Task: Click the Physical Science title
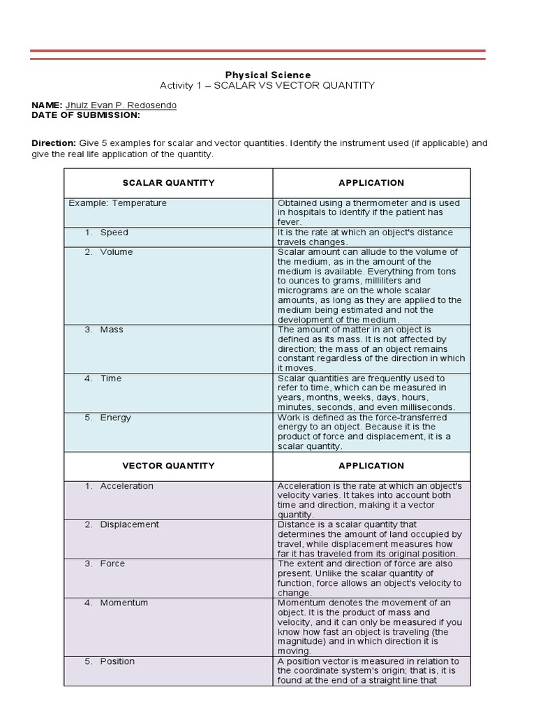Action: (x=267, y=75)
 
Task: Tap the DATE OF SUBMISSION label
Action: (x=86, y=115)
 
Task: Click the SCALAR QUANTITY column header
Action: (x=168, y=183)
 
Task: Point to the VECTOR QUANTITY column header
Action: (x=168, y=466)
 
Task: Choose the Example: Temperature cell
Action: (x=118, y=203)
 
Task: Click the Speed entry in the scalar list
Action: (x=114, y=233)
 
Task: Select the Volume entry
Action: (x=116, y=252)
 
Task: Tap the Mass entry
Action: (x=111, y=330)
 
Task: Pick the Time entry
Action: (x=110, y=378)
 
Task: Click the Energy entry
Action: (x=115, y=418)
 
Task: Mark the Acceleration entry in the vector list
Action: (x=126, y=486)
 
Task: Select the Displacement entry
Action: (x=129, y=524)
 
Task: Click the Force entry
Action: (x=112, y=563)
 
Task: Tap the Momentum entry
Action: (x=124, y=603)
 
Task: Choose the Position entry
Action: (x=117, y=661)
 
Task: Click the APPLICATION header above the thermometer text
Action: (x=371, y=183)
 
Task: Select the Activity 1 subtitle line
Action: (x=267, y=85)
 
